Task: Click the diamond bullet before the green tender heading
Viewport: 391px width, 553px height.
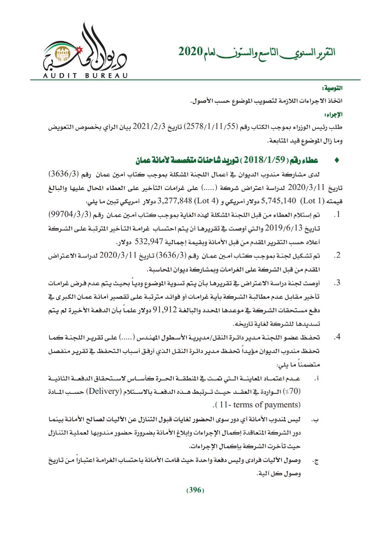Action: coord(336,161)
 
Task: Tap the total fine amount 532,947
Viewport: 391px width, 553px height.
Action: coord(148,242)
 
